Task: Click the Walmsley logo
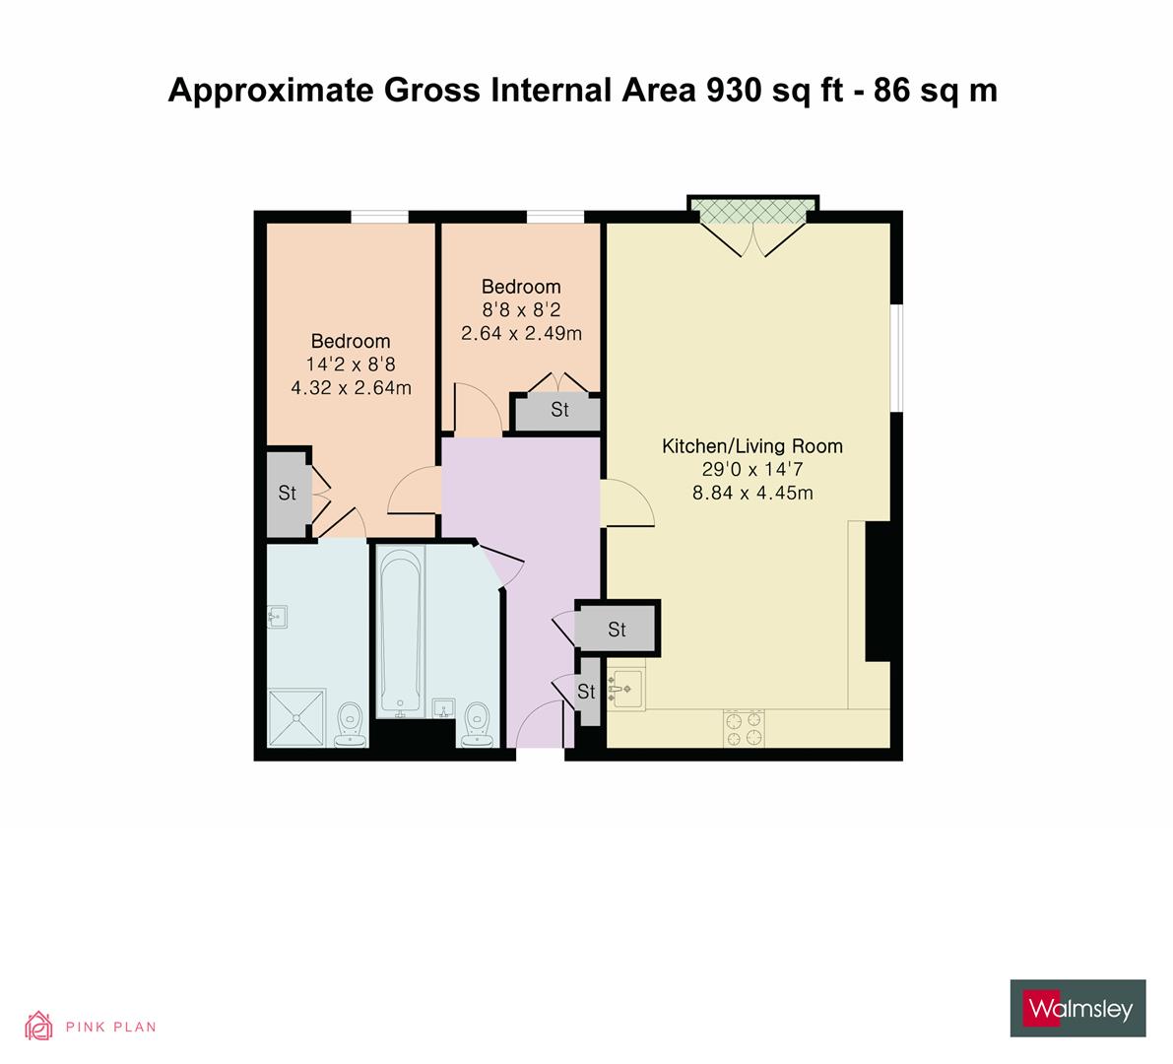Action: (x=1077, y=1008)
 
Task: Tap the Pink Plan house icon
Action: (x=39, y=1026)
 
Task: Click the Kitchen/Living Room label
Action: (x=751, y=446)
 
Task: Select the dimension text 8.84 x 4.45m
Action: (x=752, y=493)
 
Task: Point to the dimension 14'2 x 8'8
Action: (x=351, y=365)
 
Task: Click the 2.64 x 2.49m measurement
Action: (x=521, y=333)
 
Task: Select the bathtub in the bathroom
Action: (x=400, y=631)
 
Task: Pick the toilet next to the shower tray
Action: (x=350, y=725)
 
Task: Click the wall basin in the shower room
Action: (x=278, y=618)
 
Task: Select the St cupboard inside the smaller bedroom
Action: (x=558, y=410)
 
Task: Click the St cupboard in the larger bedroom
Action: (x=287, y=493)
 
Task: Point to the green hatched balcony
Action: (x=753, y=210)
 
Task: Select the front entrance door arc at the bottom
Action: (x=540, y=724)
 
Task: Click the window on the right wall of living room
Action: (x=897, y=357)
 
